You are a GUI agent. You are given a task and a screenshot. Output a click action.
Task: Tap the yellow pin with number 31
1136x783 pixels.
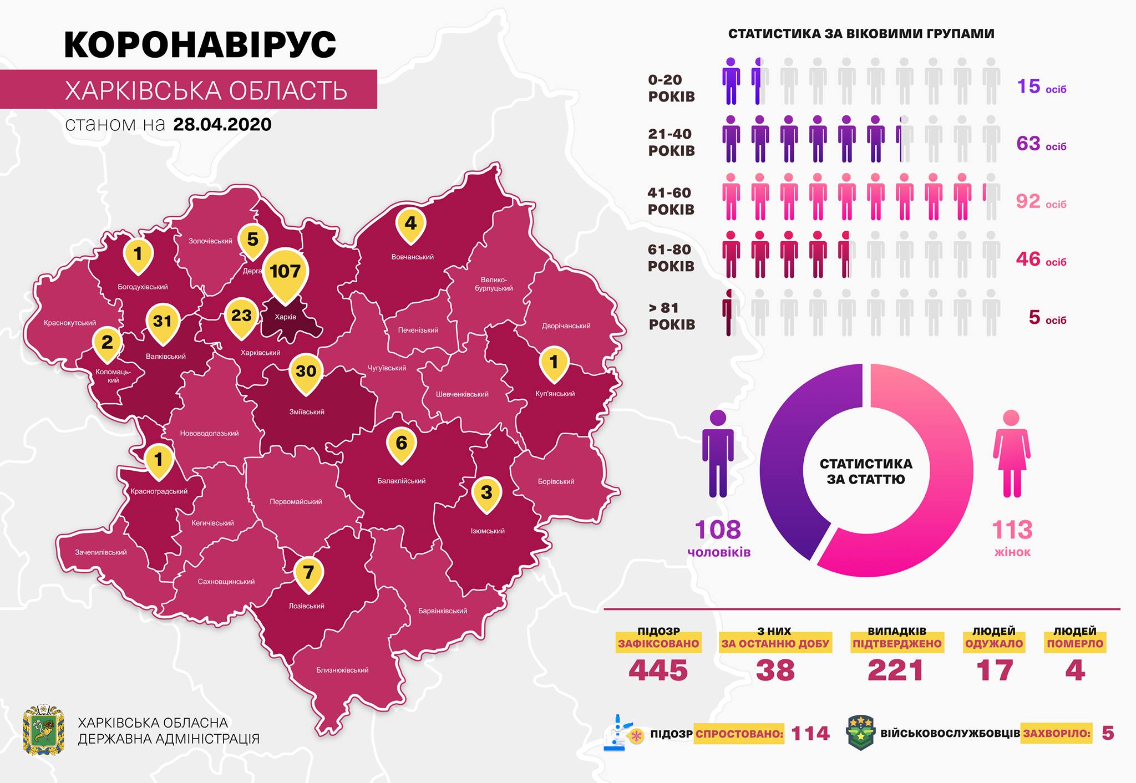[x=163, y=322]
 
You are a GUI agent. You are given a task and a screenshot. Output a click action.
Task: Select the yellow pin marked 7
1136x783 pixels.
[x=308, y=572]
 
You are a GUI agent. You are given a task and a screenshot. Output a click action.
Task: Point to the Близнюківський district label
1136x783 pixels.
[x=342, y=670]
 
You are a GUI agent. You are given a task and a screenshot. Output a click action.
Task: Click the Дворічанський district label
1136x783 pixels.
[x=566, y=326]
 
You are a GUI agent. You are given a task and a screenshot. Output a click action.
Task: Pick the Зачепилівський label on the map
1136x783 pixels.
[x=101, y=552]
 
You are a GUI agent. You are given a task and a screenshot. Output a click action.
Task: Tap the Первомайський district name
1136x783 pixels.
[x=296, y=502]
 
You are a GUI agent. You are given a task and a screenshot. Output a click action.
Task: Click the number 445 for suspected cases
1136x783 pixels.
[x=658, y=670]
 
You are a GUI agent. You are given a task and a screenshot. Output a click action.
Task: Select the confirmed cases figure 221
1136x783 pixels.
[x=895, y=670]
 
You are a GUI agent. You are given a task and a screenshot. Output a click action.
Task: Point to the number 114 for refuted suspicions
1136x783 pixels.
[x=810, y=734]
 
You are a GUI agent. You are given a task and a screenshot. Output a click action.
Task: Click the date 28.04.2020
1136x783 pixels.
[x=222, y=124]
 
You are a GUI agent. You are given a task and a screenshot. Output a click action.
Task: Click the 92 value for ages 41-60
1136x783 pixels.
[x=1028, y=201]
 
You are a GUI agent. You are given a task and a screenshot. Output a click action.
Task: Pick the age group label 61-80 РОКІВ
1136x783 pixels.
[x=671, y=258]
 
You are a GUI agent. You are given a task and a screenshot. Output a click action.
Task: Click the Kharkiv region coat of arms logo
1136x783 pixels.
[x=43, y=730]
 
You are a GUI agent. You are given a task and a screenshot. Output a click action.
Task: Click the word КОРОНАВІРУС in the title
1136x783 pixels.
[x=200, y=44]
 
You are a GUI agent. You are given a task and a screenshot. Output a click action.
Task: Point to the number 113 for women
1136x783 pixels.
[x=1012, y=530]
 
